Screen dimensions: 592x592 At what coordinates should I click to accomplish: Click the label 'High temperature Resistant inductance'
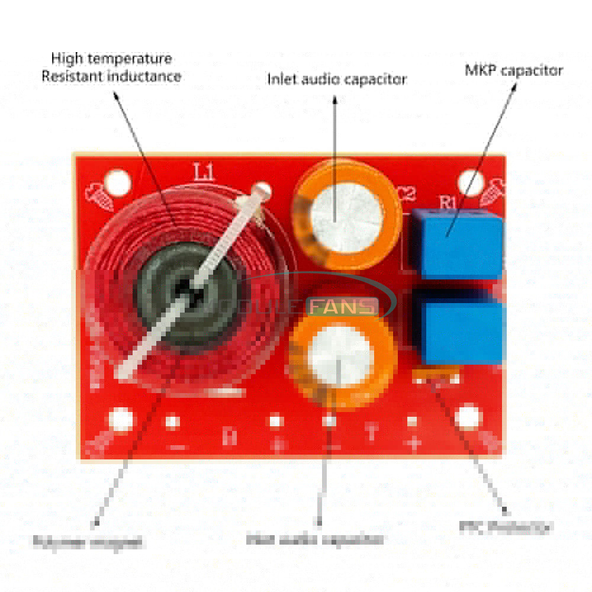[x=111, y=67]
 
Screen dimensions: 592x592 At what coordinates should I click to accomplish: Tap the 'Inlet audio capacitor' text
[x=337, y=79]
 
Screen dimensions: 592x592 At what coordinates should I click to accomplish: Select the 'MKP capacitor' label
[x=513, y=70]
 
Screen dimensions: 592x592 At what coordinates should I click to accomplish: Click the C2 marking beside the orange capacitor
[x=407, y=195]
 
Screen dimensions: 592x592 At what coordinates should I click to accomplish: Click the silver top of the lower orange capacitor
[x=338, y=354]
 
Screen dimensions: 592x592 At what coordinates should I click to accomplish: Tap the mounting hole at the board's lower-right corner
[x=468, y=416]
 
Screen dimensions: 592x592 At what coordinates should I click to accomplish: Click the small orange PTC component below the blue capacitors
[x=435, y=373]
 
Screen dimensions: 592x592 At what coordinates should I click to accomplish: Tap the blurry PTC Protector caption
[x=506, y=527]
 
